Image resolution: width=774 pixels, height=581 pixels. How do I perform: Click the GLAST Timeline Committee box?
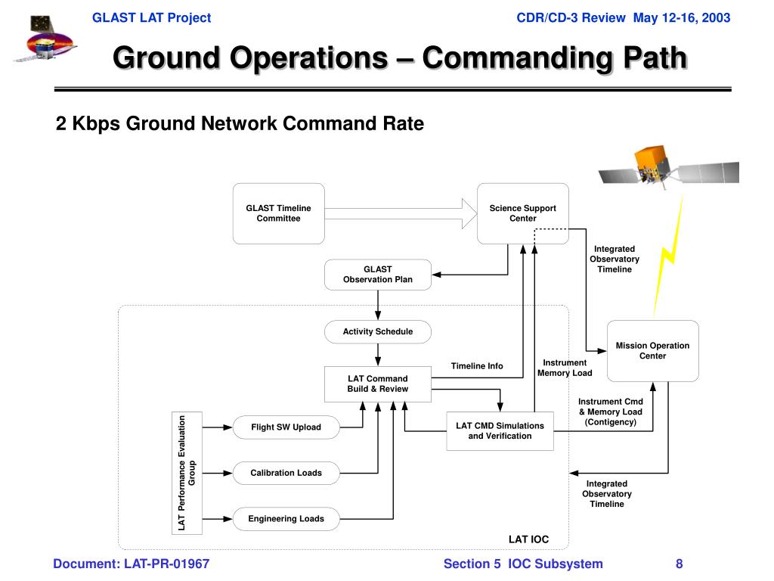(278, 213)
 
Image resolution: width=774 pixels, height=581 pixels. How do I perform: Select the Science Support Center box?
(522, 213)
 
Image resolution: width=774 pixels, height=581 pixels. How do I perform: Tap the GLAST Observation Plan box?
(378, 275)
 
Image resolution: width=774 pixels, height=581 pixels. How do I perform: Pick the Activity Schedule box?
(378, 331)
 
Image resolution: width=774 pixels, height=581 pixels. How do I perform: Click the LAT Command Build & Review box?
(377, 384)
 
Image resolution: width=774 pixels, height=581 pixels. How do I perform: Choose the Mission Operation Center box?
(652, 350)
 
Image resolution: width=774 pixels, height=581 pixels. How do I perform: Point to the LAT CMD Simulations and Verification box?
(500, 430)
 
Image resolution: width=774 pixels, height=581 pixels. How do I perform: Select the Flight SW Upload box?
(286, 427)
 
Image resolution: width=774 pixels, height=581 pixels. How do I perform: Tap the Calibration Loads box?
(286, 473)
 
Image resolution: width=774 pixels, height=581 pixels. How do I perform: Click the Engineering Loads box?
(286, 519)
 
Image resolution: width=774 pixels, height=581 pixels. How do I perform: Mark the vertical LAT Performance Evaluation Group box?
(187, 473)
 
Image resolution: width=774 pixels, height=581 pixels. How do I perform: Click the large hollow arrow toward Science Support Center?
(393, 213)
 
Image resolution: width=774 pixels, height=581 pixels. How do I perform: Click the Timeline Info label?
(477, 366)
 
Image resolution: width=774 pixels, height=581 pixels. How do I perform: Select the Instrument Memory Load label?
(565, 368)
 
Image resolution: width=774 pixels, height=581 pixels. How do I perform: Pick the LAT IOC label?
(528, 539)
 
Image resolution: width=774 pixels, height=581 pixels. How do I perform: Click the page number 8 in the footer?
(680, 564)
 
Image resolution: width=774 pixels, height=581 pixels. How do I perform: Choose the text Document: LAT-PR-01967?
(131, 564)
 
